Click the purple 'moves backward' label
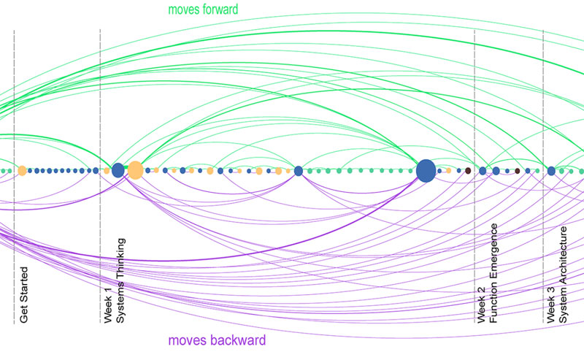217,340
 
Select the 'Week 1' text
107,305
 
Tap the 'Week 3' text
550,305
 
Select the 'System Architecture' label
563,274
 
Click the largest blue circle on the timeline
426,170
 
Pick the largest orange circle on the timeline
135,170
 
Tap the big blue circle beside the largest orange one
118,170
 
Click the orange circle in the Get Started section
22,170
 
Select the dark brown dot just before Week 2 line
468,170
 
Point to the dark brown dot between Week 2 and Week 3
518,170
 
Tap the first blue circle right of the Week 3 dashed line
551,170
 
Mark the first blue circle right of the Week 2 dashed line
483,170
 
